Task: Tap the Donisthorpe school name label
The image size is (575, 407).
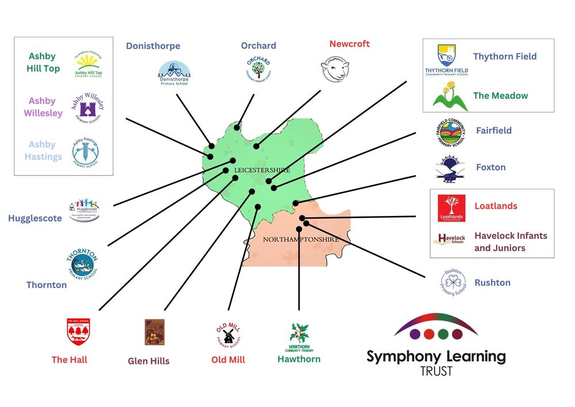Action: pyautogui.click(x=153, y=46)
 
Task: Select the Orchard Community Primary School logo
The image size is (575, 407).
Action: pyautogui.click(x=258, y=69)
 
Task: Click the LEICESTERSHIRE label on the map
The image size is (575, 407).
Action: pyautogui.click(x=262, y=170)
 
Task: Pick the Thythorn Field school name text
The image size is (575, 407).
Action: pyautogui.click(x=504, y=56)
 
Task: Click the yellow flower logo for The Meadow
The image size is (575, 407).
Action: pyautogui.click(x=450, y=96)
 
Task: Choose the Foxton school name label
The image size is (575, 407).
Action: pyautogui.click(x=490, y=168)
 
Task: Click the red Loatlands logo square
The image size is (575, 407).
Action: pyautogui.click(x=451, y=208)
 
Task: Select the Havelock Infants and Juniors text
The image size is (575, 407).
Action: pyautogui.click(x=510, y=242)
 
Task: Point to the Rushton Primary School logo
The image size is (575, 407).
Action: pyautogui.click(x=454, y=282)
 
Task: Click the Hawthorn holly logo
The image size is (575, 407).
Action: pyautogui.click(x=299, y=336)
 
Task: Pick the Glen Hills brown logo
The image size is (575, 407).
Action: pyautogui.click(x=155, y=332)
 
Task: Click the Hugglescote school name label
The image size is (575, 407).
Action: pyautogui.click(x=35, y=218)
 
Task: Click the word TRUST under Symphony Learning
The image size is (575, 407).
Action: pyautogui.click(x=436, y=371)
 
